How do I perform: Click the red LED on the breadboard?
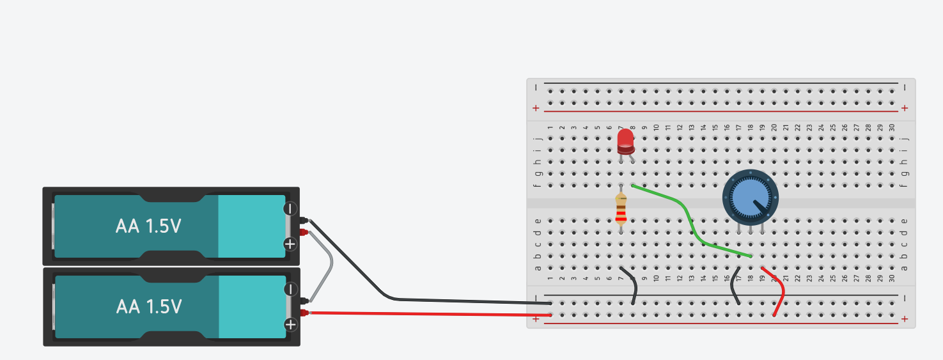coord(625,141)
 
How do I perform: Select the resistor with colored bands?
coord(621,209)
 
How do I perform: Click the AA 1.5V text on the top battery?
coord(148,226)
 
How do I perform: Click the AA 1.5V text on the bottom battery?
coord(149,306)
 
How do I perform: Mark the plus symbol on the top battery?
coord(290,244)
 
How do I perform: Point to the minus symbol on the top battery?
coord(290,208)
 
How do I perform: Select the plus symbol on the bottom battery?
coord(291,324)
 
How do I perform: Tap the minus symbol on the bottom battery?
coord(290,289)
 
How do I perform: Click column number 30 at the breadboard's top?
coord(892,128)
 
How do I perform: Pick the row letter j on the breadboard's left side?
coord(538,137)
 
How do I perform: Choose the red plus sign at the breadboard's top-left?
coord(536,108)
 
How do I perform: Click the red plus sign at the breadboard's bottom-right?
coord(904,318)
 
